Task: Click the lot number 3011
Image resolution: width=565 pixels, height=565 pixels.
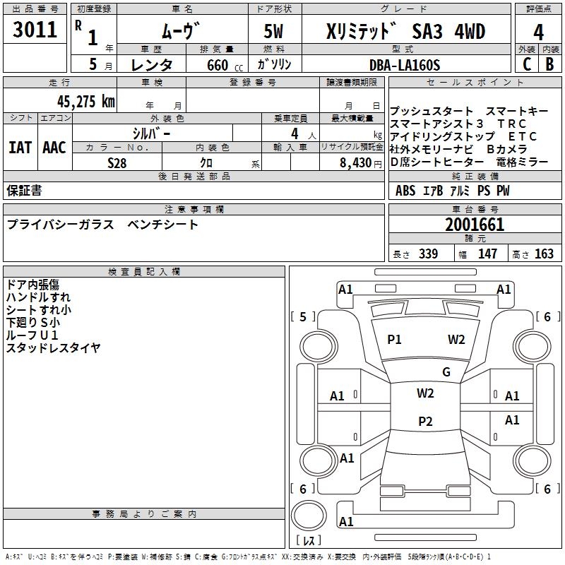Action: click(x=35, y=30)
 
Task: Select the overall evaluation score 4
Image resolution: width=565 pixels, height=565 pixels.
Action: click(x=538, y=32)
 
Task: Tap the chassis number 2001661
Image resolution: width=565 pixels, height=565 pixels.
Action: click(x=475, y=225)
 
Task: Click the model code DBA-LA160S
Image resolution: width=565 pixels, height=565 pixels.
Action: click(x=405, y=65)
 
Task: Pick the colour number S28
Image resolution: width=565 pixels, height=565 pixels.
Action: click(x=117, y=162)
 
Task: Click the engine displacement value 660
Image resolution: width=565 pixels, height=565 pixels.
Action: click(x=215, y=65)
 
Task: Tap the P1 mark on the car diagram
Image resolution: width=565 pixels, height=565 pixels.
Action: click(x=394, y=340)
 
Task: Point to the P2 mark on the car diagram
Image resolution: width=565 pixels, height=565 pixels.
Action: click(x=425, y=422)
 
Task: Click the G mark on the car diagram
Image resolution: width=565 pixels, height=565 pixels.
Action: click(x=446, y=372)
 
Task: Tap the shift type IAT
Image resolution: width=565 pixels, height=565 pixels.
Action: click(x=20, y=148)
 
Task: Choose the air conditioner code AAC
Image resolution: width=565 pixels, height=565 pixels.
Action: click(x=54, y=148)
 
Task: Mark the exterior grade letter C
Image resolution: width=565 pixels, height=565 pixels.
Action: click(x=525, y=64)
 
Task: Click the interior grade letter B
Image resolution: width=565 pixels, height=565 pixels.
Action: click(x=549, y=64)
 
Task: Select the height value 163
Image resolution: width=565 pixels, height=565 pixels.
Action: click(x=543, y=254)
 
